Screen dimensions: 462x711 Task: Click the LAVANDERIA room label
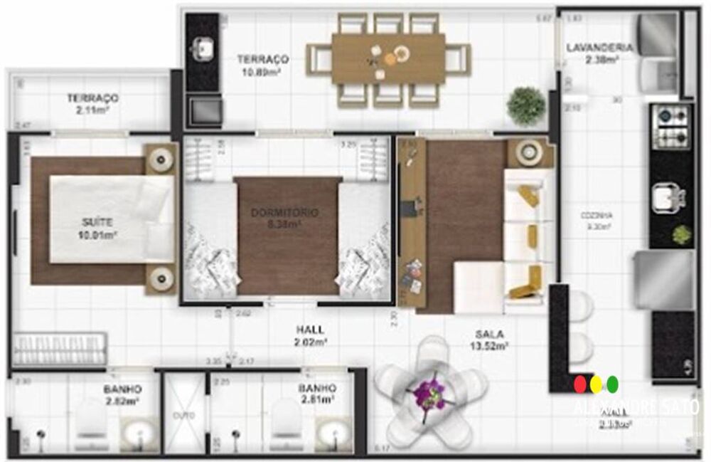(x=599, y=48)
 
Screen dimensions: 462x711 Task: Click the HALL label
(x=311, y=330)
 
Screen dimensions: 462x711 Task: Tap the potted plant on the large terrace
(x=526, y=105)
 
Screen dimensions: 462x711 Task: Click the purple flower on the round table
(x=429, y=391)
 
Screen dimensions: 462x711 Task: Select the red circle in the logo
(x=580, y=384)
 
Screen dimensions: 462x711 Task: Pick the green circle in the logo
(x=612, y=384)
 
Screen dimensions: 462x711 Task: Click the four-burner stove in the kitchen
(x=671, y=127)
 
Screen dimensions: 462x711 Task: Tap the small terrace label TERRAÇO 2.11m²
(x=92, y=103)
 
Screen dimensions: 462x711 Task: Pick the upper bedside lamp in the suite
(x=162, y=158)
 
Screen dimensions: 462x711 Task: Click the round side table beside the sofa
(x=528, y=151)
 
